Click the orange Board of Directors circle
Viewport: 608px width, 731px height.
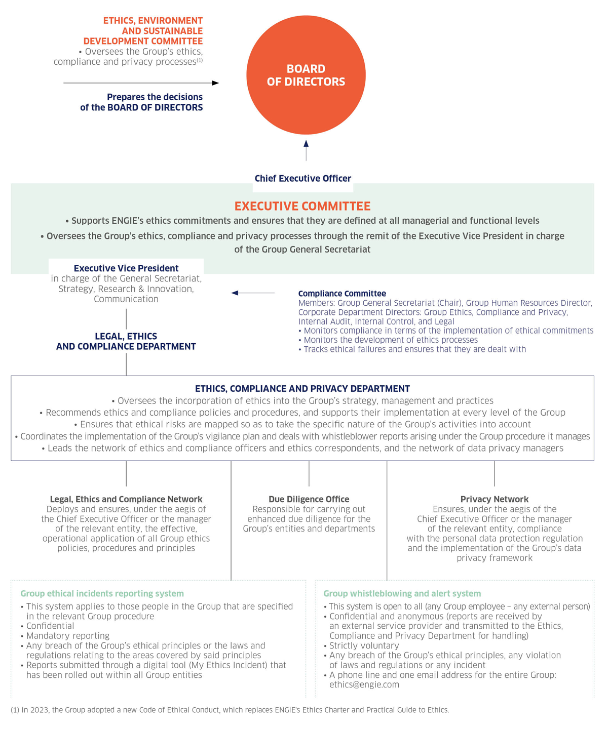(306, 75)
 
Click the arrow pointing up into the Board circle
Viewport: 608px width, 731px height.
(306, 150)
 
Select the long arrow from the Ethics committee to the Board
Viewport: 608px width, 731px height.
(141, 83)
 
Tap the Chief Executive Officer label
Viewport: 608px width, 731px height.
(302, 179)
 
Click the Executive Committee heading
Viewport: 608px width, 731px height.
(302, 206)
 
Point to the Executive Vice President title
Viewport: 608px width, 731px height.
(126, 268)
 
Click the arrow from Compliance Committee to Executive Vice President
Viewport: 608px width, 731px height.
(253, 293)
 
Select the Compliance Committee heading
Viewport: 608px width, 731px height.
(342, 294)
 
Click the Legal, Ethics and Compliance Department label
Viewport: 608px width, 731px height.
(126, 341)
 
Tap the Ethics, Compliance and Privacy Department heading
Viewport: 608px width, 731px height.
(302, 389)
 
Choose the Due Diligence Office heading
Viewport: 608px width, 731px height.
(309, 499)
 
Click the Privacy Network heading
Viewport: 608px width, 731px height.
(494, 499)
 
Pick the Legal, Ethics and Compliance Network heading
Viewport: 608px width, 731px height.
(126, 499)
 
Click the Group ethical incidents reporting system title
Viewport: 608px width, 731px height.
(102, 593)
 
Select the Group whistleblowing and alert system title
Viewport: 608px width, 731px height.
(402, 593)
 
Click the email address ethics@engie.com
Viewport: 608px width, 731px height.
(364, 684)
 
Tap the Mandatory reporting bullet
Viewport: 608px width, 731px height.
(68, 636)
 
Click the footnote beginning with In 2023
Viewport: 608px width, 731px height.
(230, 710)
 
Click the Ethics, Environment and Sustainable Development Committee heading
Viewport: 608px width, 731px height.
(153, 31)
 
